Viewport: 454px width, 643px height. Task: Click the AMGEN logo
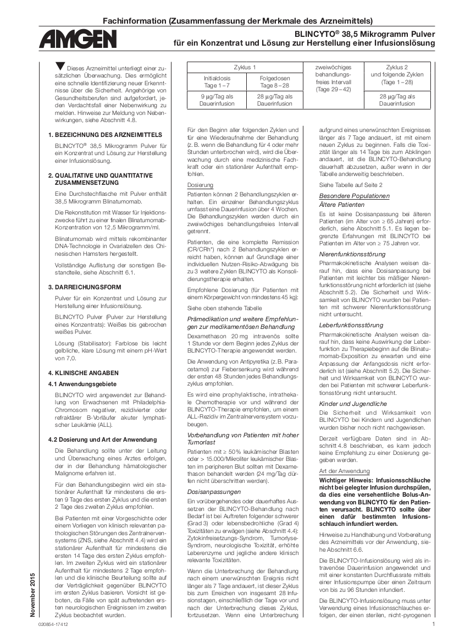[77, 40]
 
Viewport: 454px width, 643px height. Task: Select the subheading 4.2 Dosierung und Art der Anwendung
[102, 439]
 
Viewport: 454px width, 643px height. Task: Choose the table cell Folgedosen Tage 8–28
[274, 82]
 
